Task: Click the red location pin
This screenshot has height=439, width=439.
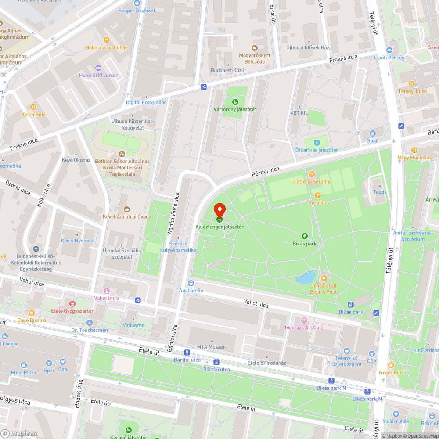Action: coord(219,210)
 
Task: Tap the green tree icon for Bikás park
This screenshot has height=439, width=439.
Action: coord(304,236)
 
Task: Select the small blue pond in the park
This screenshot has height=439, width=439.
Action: coord(306,277)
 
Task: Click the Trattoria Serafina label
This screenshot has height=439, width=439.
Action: coord(312,181)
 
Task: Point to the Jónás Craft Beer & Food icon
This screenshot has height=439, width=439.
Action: coord(324,278)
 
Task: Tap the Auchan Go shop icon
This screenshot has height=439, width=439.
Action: coord(191,283)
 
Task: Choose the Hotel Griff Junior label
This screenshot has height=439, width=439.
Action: coord(98,75)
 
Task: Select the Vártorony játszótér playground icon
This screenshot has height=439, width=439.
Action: coord(235,102)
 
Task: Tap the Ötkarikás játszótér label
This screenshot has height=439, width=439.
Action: coord(317,150)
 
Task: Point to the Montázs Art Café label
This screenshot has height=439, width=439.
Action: coord(304,327)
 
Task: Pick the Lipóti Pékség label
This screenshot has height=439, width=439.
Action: coord(392,58)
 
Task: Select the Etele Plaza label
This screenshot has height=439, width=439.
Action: coord(24,373)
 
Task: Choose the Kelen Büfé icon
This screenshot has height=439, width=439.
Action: coord(33,107)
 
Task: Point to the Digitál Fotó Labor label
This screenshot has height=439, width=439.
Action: coord(146,102)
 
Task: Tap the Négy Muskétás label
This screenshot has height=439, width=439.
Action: coord(414,158)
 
